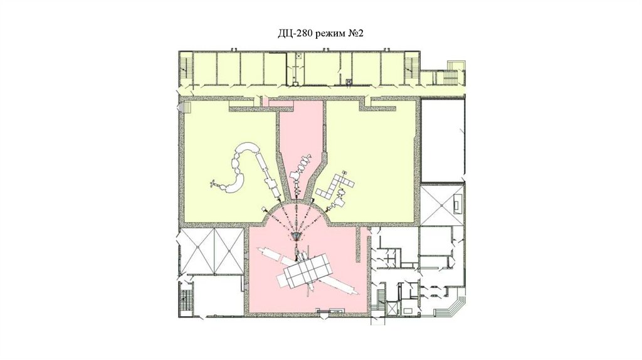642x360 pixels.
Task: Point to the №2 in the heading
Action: point(355,33)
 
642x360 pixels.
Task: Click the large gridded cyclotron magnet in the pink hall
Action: point(308,270)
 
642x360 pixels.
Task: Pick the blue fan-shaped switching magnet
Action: point(296,236)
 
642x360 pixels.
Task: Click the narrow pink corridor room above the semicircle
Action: point(301,135)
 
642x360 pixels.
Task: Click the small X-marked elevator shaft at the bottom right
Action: point(392,307)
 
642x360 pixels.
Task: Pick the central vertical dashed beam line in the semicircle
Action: point(296,218)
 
